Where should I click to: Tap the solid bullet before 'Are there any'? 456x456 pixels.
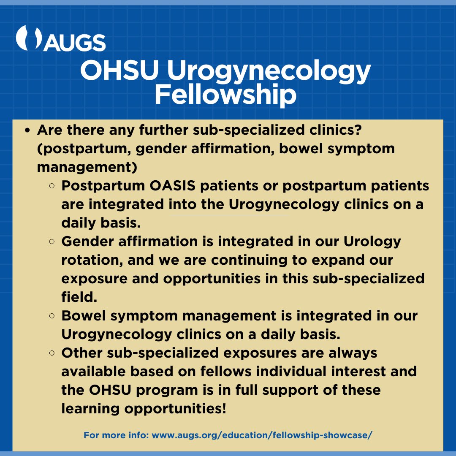point(27,130)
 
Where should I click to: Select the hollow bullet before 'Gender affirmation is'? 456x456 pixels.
point(52,242)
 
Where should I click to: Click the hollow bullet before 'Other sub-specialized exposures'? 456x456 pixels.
point(52,353)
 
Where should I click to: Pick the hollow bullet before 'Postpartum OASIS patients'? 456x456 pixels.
point(52,186)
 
